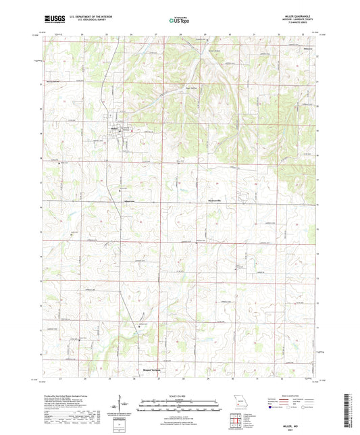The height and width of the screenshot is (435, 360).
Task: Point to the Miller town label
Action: [114, 126]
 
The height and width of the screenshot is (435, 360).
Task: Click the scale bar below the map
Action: [179, 408]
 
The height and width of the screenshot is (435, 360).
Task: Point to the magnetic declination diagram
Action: [122, 407]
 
